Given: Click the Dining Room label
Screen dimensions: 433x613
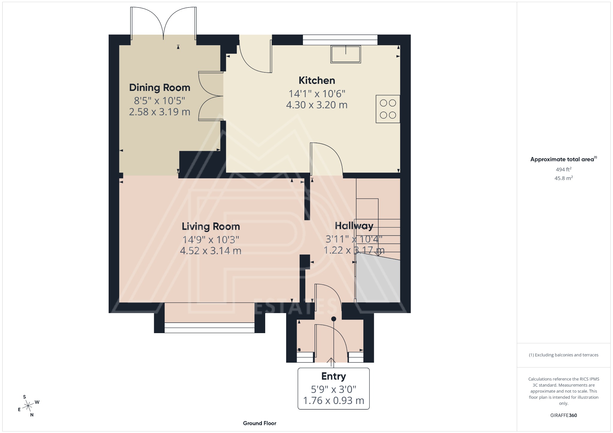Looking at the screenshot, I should [160, 88].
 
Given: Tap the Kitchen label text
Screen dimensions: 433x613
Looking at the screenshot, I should [317, 80].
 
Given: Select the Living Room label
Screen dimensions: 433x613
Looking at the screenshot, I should [211, 226].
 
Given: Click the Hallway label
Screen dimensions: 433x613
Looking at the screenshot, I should [354, 226].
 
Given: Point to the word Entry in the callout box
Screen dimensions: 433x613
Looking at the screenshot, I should [333, 376].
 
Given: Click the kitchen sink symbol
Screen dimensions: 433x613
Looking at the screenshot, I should [345, 54].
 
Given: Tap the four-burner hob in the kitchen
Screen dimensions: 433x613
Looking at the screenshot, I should [388, 109].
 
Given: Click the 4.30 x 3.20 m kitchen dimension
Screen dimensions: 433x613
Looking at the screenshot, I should [317, 105].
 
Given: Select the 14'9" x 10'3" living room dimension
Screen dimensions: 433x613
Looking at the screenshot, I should [211, 240].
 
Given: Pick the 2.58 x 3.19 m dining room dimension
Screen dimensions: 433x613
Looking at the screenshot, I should [160, 112].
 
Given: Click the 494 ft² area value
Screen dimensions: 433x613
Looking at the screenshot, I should [563, 170].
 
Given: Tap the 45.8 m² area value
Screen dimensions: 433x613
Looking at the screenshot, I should [563, 178].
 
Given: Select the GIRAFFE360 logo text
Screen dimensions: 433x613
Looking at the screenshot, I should [563, 415].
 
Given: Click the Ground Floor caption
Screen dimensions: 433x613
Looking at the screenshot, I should [260, 423].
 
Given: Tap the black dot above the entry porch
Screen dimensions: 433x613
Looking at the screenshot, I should [334, 319].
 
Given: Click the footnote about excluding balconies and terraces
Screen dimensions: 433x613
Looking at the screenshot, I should [563, 355].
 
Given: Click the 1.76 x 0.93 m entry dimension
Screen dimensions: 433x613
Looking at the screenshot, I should [333, 400].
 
